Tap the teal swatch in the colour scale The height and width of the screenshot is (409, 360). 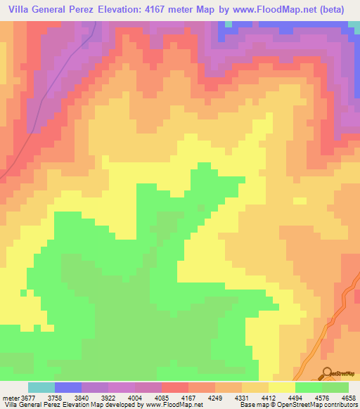(41, 388)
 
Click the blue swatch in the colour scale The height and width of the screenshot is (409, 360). (68, 388)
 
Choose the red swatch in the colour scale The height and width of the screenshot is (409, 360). (175, 388)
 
